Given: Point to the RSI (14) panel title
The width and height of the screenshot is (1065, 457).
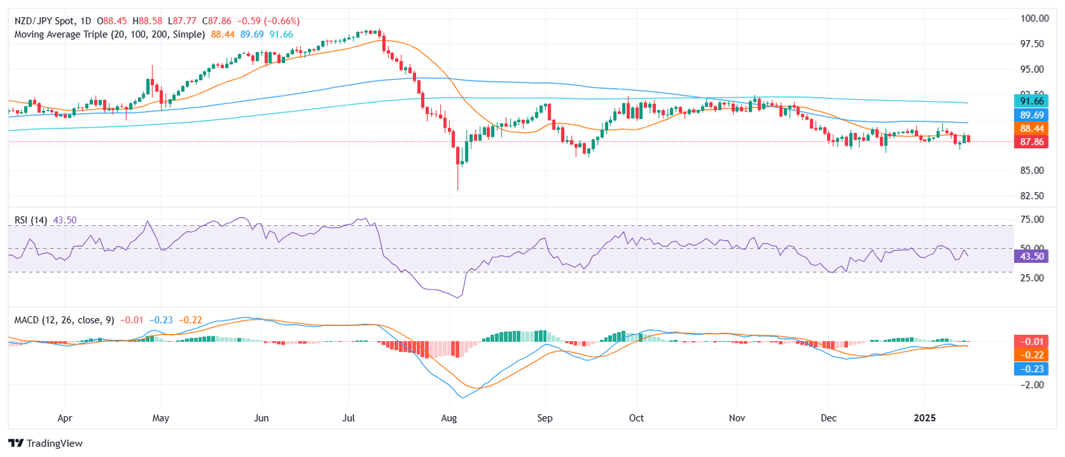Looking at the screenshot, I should (31, 220).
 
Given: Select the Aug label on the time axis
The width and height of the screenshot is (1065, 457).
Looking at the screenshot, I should (449, 419).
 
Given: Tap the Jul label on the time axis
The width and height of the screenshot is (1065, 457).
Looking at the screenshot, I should (349, 419).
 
